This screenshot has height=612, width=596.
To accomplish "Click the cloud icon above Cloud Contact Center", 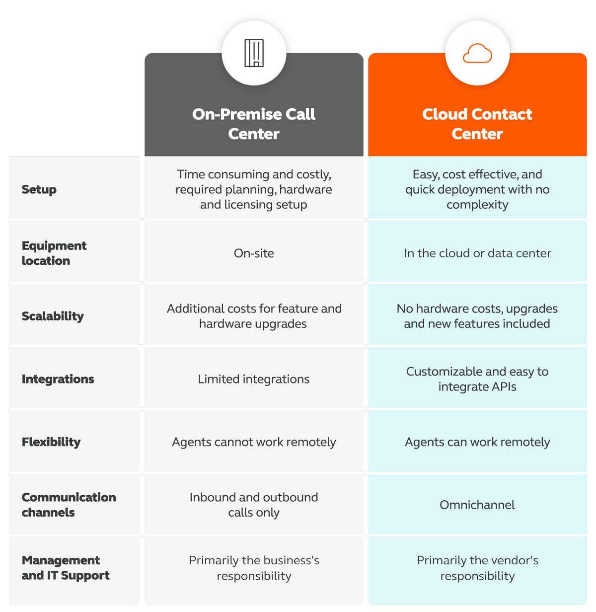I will click(x=477, y=54).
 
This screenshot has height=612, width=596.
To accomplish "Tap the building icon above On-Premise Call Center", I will click(x=254, y=53).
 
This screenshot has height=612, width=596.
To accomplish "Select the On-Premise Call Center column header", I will click(x=254, y=124).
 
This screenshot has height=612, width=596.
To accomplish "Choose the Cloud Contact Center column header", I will click(x=477, y=124).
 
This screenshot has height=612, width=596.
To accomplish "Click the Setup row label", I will click(x=39, y=189).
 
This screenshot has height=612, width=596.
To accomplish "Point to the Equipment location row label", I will click(x=54, y=253).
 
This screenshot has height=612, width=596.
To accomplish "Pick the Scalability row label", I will click(x=53, y=316).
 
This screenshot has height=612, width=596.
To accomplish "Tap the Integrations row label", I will click(x=58, y=379).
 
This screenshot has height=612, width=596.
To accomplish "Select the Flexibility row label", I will click(x=51, y=442).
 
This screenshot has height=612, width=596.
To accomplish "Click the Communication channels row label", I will click(x=69, y=505).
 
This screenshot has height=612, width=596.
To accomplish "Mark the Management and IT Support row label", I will click(x=66, y=568).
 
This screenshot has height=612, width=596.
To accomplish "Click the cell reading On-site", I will click(x=254, y=253).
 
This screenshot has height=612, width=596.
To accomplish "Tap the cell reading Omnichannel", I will click(x=477, y=505).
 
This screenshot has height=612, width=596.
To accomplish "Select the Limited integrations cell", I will click(x=254, y=379).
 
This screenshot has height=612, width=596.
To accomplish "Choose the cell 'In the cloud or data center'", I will click(x=477, y=253).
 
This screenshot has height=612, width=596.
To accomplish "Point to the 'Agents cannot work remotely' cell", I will click(x=254, y=442).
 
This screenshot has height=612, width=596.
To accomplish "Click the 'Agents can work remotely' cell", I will click(x=477, y=442).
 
